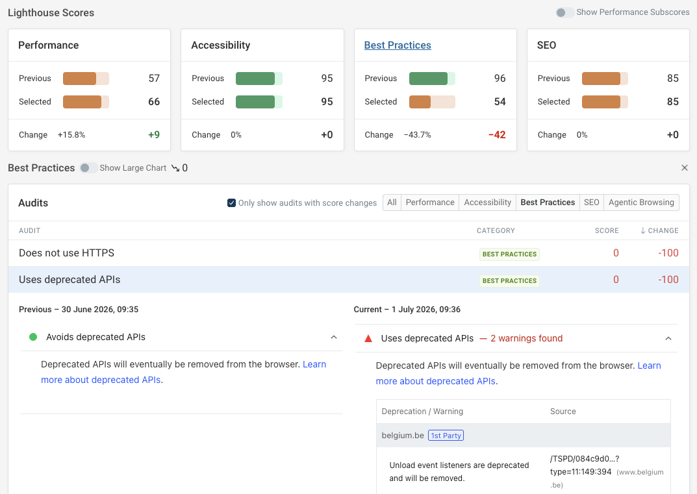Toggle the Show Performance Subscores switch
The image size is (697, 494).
point(565,12)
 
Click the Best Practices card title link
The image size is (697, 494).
point(398,45)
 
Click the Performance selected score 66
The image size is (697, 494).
point(154,102)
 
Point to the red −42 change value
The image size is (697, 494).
point(497,134)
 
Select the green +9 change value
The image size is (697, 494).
point(154,134)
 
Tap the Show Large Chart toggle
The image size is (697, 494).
point(88,168)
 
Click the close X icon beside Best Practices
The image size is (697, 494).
point(685,167)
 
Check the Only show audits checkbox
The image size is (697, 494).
point(231,203)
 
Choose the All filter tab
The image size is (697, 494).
point(392,203)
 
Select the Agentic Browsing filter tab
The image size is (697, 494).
point(641,203)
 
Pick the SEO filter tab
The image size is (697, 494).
point(591,203)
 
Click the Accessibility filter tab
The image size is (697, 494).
point(487,203)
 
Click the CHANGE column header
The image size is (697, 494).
point(659,230)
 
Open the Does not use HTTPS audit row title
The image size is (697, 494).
point(67,253)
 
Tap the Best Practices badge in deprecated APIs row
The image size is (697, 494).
point(509,281)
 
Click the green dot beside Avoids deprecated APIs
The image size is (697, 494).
point(33,337)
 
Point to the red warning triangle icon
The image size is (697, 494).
point(368,338)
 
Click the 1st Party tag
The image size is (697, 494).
point(446,436)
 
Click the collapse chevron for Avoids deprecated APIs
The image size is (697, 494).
point(334,337)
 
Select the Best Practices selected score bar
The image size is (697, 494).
point(432,102)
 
